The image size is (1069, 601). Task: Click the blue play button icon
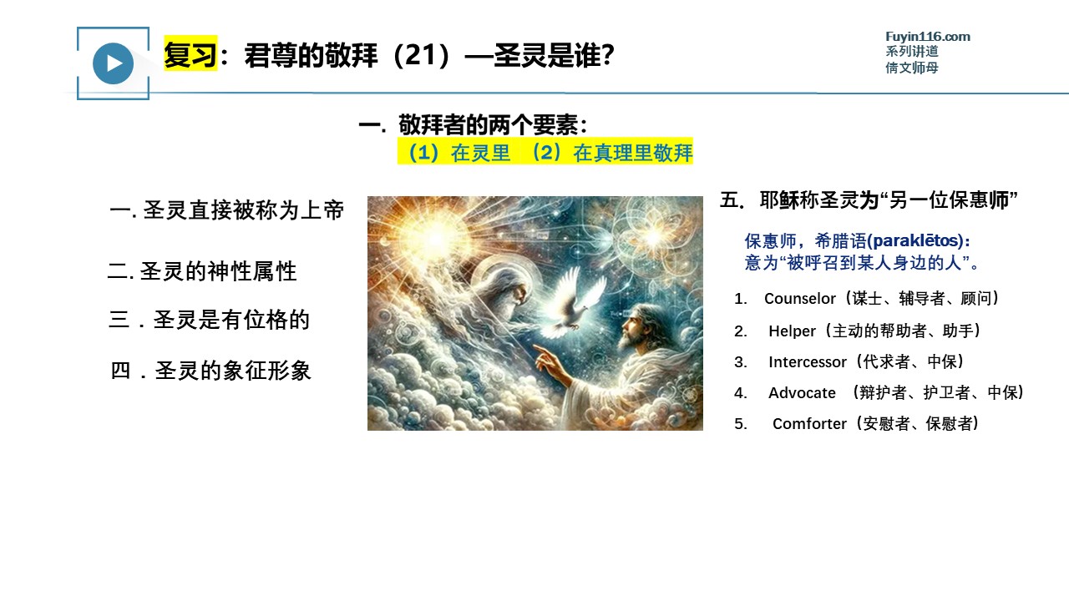(x=113, y=63)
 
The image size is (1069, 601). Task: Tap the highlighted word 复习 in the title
(x=190, y=54)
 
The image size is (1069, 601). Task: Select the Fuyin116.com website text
(x=927, y=37)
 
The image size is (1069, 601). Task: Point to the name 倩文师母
(x=912, y=68)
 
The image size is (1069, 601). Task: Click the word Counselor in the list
(x=799, y=299)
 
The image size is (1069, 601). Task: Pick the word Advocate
(x=802, y=393)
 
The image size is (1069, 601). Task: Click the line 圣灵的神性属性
(x=202, y=271)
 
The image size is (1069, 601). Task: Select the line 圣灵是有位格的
(x=210, y=320)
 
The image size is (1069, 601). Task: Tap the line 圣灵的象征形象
(x=210, y=371)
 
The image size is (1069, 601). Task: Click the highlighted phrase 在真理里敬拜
(x=632, y=153)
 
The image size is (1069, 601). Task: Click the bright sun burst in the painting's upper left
(x=435, y=237)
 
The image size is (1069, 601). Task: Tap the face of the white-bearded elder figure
(x=517, y=292)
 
